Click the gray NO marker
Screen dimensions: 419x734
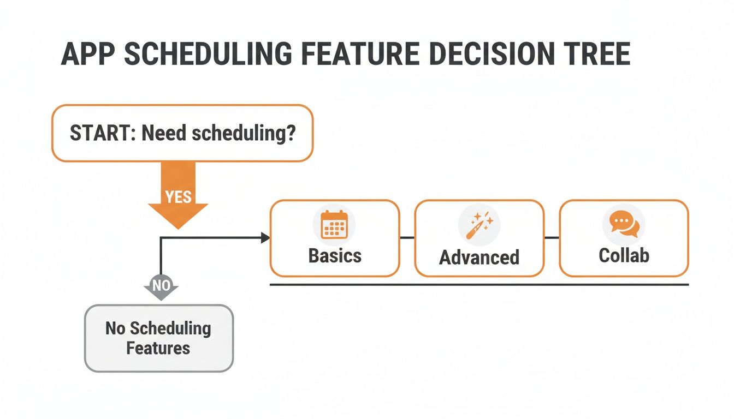pyautogui.click(x=161, y=285)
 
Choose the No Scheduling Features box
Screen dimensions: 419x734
pyautogui.click(x=158, y=338)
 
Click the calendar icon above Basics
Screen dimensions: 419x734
pyautogui.click(x=334, y=225)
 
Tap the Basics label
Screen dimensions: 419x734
pyautogui.click(x=335, y=255)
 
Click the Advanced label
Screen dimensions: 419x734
pyautogui.click(x=479, y=257)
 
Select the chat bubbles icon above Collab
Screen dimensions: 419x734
pyautogui.click(x=624, y=224)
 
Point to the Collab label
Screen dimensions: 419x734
pyautogui.click(x=624, y=255)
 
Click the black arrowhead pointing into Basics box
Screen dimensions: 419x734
pyautogui.click(x=266, y=237)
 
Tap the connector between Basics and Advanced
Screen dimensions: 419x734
pyautogui.click(x=407, y=237)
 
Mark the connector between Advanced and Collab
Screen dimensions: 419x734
pyautogui.click(x=552, y=237)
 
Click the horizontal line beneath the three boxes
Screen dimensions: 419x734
pyautogui.click(x=480, y=284)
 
